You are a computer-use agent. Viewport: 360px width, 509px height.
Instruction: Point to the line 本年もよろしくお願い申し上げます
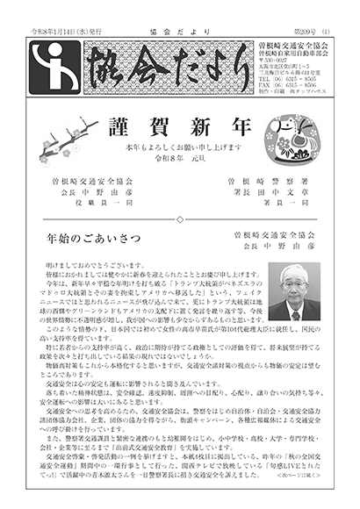point(179,145)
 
